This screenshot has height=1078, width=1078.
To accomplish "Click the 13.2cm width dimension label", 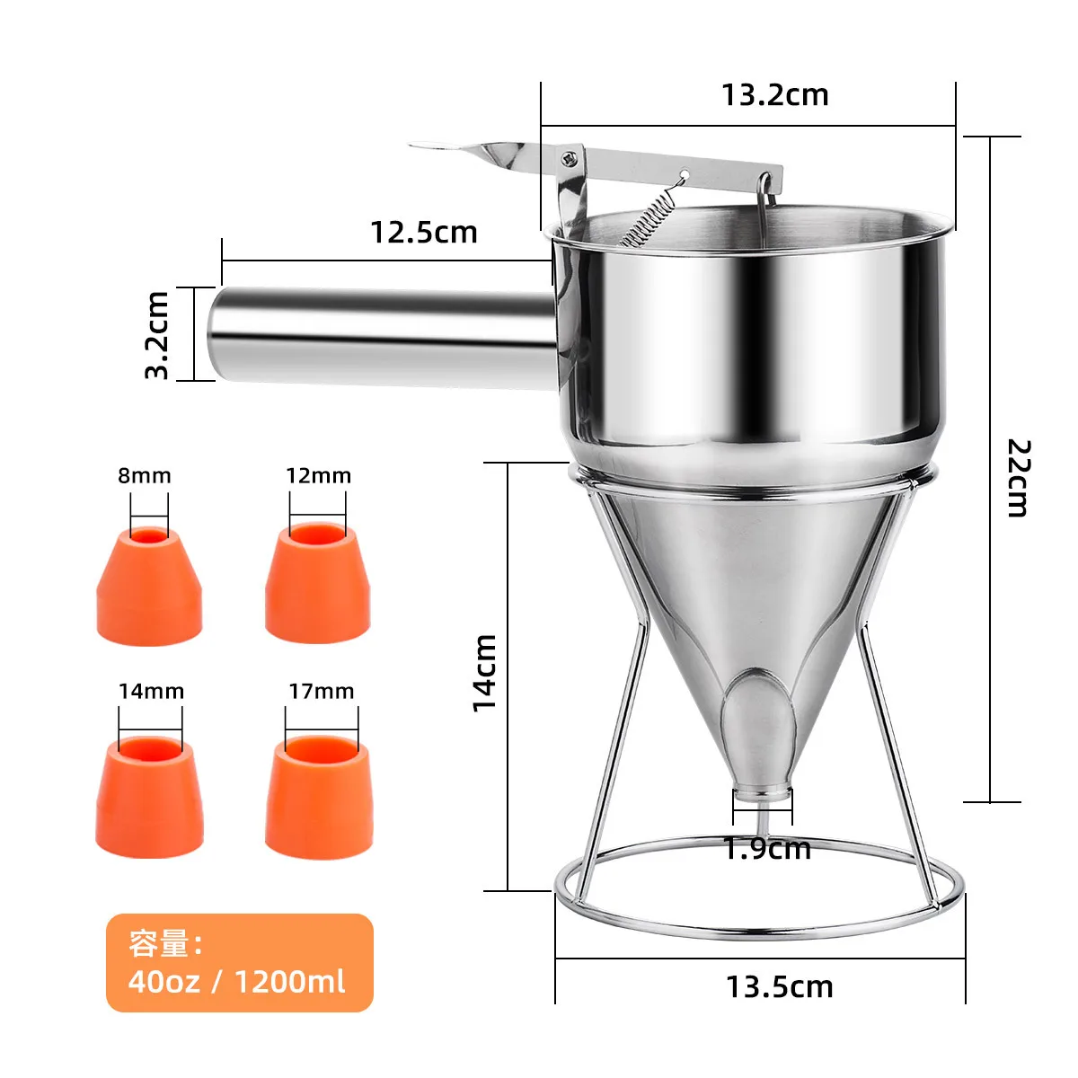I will (774, 95).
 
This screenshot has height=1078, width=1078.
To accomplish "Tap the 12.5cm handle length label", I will (423, 233).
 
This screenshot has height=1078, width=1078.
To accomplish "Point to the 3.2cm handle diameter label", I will (157, 334).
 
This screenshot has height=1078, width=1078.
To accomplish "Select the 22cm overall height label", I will (1018, 477).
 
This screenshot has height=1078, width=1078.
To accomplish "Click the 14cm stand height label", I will (485, 672).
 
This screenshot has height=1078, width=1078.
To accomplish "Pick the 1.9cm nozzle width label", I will (767, 848).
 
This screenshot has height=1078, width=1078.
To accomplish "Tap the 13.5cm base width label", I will (779, 986).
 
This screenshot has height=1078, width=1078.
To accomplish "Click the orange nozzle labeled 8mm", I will (149, 588).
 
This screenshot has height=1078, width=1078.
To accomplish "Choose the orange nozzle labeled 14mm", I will (149, 799).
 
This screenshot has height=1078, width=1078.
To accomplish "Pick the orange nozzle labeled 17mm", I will (319, 798).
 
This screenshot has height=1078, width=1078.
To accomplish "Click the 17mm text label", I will (321, 691).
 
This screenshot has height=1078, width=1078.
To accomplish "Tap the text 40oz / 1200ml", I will (236, 981).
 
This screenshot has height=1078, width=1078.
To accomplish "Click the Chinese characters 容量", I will (159, 944).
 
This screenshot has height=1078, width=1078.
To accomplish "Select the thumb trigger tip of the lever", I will (440, 147).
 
